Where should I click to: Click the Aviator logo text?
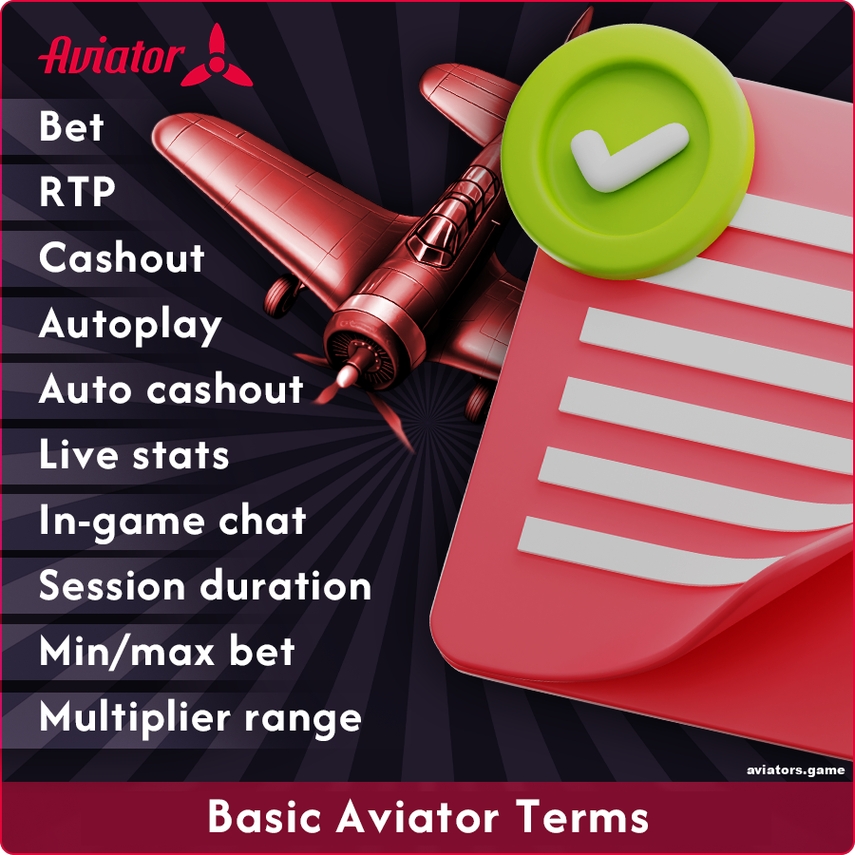[x=109, y=55]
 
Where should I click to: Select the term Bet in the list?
[x=71, y=127]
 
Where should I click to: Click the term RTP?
[x=77, y=193]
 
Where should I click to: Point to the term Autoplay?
[x=130, y=325]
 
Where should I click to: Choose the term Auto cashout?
[x=171, y=389]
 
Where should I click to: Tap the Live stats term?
[x=134, y=455]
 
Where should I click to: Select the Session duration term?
[x=205, y=586]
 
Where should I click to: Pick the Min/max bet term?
[x=167, y=652]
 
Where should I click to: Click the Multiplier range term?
[x=200, y=717]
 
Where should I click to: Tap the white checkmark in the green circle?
[x=628, y=152]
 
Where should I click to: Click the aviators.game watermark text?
[x=796, y=770]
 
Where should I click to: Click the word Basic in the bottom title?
[x=260, y=817]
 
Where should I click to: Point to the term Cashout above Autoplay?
[x=122, y=258]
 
